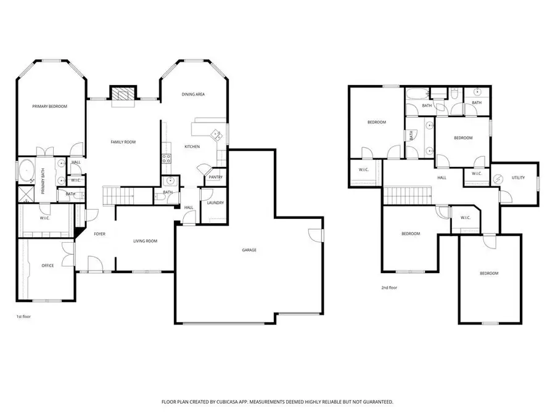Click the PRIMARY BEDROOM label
[x=49, y=107]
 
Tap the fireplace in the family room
[x=122, y=94]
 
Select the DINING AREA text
[x=193, y=94]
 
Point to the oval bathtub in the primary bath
[x=28, y=171]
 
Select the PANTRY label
[x=215, y=177]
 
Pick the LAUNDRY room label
[x=215, y=203]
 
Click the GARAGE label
[x=249, y=250]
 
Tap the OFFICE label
[x=47, y=266]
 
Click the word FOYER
[x=99, y=234]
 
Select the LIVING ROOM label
[x=146, y=241]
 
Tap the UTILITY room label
[x=519, y=177]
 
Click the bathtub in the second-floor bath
[x=417, y=94]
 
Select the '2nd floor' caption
[x=390, y=287]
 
